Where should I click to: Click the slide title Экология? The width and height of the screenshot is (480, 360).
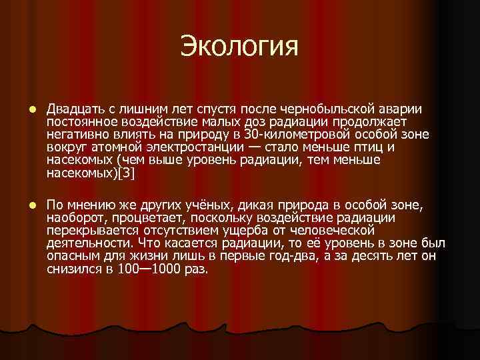pos(239,47)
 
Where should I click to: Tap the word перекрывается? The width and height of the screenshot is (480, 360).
pos(87,231)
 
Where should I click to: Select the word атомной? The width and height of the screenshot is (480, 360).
pos(108,147)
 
